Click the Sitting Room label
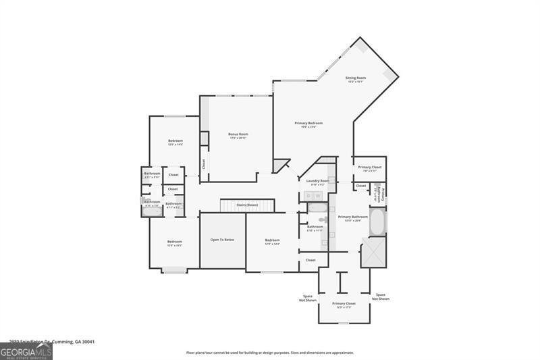click(356, 78)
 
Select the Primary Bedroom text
click(308, 123)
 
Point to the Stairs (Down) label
click(248, 205)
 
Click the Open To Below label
click(222, 240)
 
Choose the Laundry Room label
click(317, 180)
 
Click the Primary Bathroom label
click(357, 217)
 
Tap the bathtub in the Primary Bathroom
click(377, 221)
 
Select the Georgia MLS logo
click(26, 351)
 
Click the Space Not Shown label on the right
click(381, 296)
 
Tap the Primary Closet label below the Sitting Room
click(369, 167)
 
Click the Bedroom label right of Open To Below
click(272, 240)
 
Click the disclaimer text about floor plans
click(270, 353)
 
